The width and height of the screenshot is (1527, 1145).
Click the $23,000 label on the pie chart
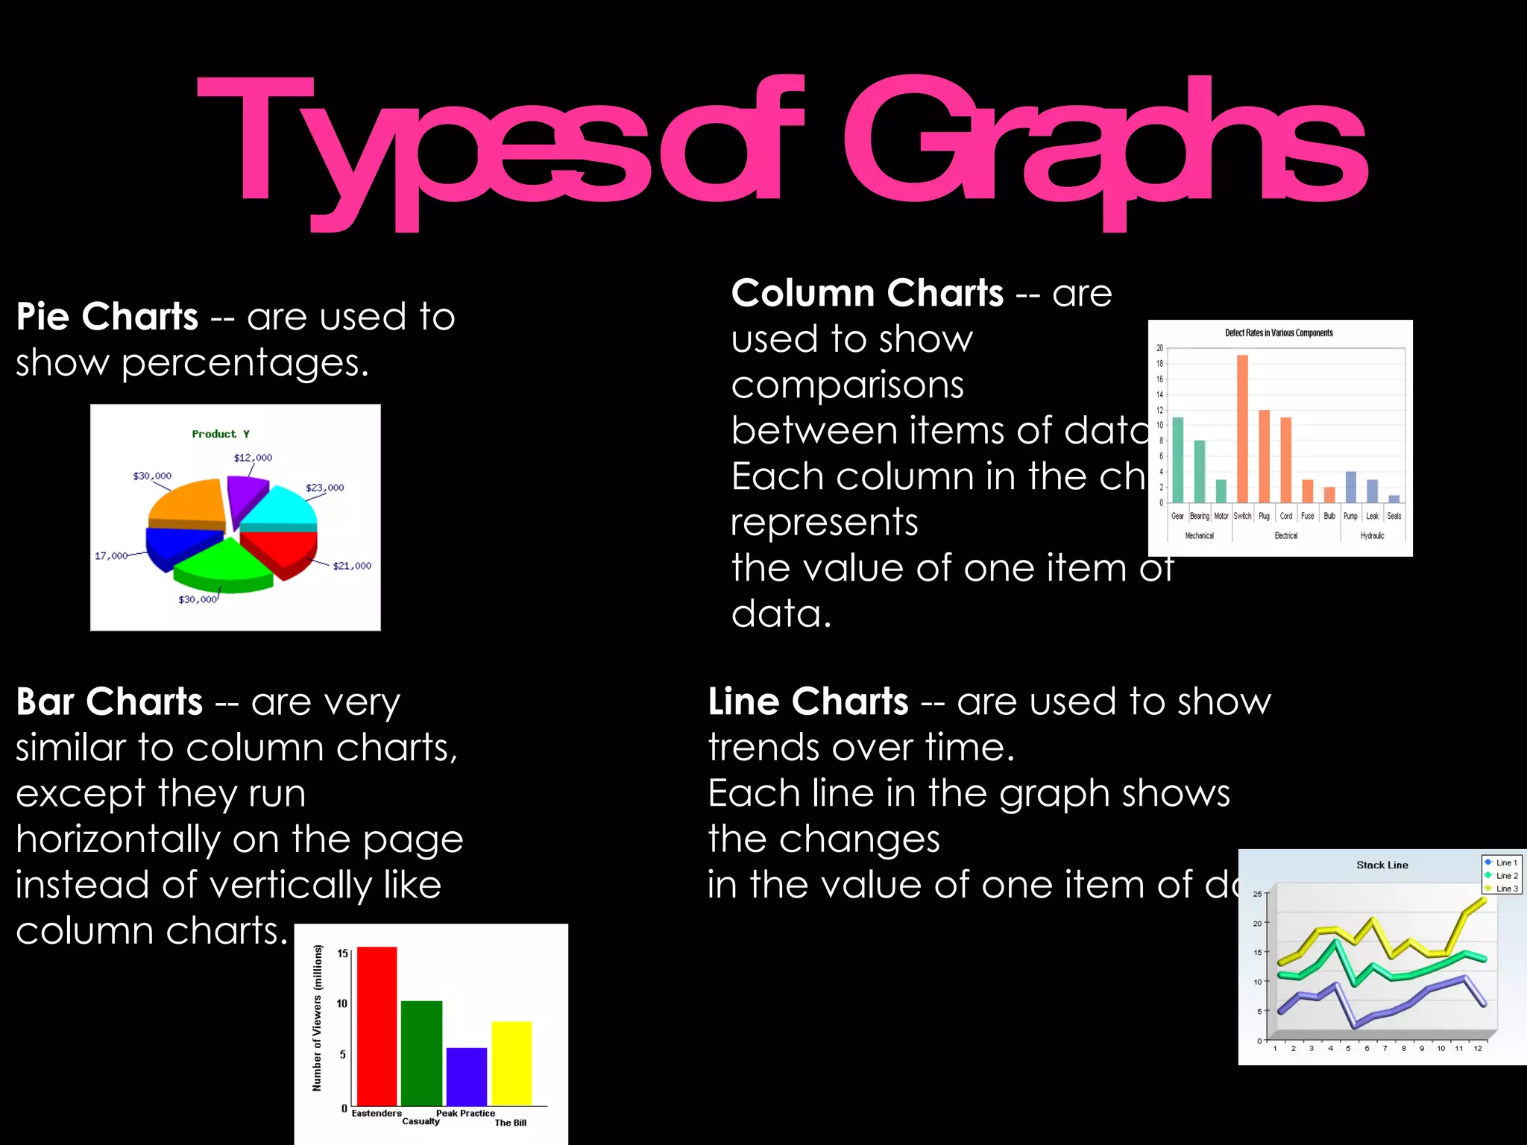click(x=325, y=488)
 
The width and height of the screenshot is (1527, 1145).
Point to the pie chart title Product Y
click(x=221, y=434)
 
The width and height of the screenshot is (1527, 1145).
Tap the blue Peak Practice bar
click(x=467, y=1076)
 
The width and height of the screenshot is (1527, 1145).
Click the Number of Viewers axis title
click(x=318, y=1018)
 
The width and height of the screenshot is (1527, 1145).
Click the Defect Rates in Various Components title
click(x=1279, y=332)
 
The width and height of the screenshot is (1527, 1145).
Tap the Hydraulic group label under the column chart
click(x=1372, y=535)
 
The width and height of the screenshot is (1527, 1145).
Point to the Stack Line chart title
click(x=1382, y=865)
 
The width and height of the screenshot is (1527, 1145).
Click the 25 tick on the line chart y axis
click(x=1257, y=894)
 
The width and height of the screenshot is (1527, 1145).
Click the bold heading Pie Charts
click(x=107, y=317)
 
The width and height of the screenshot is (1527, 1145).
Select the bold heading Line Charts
click(x=808, y=702)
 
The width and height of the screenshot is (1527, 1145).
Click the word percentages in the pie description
click(x=245, y=364)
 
